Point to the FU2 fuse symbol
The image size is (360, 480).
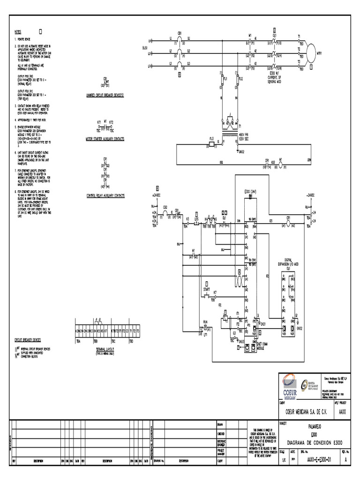tap(238, 80)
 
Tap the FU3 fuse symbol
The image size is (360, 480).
tap(211, 145)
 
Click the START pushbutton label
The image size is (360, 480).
tap(207, 290)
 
